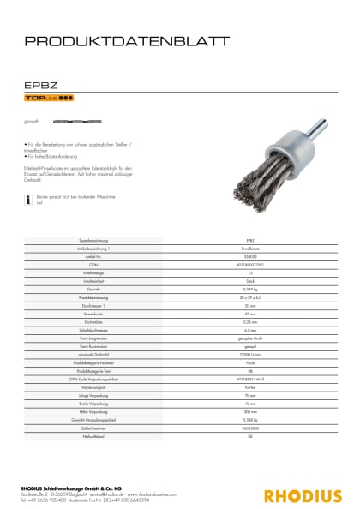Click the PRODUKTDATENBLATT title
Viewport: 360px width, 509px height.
125,40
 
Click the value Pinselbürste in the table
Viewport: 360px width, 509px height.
249,247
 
